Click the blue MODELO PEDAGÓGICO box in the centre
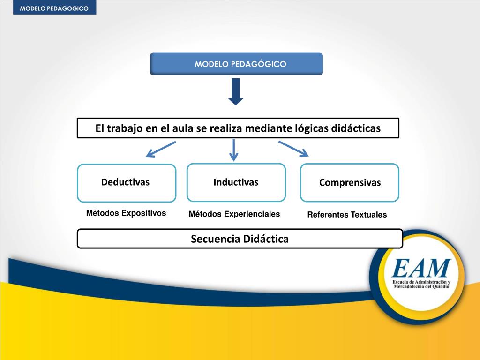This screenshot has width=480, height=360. click(236, 64)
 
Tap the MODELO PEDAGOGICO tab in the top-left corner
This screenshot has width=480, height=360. click(54, 7)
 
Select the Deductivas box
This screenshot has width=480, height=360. click(127, 183)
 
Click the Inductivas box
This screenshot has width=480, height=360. click(236, 182)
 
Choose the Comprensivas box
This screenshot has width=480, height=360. click(350, 183)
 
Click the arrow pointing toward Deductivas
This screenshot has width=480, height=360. click(160, 149)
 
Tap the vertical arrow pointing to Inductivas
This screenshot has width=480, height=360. click(234, 150)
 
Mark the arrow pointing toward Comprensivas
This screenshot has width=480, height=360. click(294, 149)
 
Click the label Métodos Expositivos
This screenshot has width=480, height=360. click(126, 213)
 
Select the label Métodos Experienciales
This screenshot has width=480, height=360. click(234, 214)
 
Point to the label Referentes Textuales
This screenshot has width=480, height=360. click(347, 215)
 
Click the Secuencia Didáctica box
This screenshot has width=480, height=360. click(240, 239)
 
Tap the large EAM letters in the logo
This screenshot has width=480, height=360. click(421, 268)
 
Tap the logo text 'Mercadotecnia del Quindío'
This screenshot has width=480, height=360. click(421, 287)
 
